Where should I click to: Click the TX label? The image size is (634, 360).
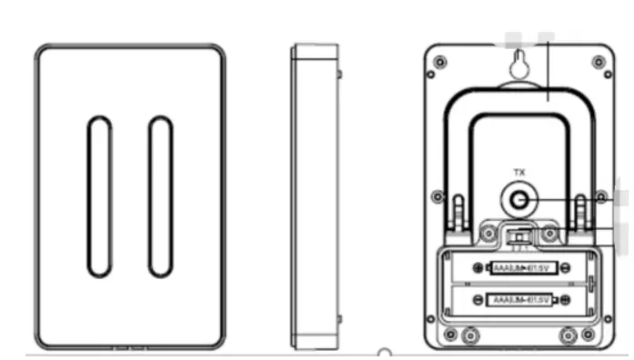(x=519, y=172)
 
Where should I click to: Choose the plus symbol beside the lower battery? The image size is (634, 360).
(x=566, y=299)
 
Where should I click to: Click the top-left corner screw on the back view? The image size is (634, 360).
(x=440, y=62)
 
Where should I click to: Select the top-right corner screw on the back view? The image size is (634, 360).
(x=598, y=62)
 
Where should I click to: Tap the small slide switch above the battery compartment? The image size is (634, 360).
(x=519, y=235)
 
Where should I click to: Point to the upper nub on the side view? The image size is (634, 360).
(x=339, y=72)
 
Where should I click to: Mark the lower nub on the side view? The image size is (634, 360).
(x=339, y=319)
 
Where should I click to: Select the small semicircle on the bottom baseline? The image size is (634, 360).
(x=385, y=352)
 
